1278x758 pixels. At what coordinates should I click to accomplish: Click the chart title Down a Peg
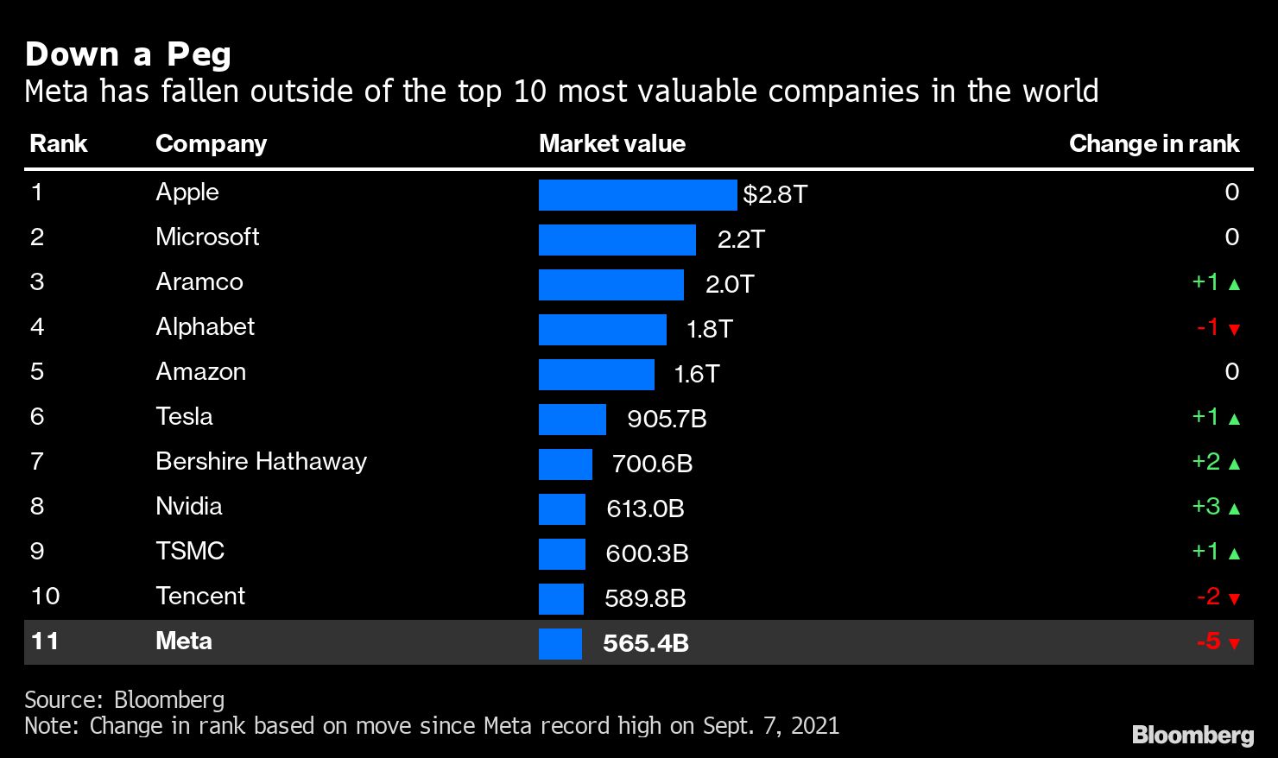(128, 54)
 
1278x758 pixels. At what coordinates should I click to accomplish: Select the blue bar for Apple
(637, 195)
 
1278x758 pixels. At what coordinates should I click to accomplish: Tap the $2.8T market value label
(775, 195)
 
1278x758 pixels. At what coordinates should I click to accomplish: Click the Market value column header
(611, 143)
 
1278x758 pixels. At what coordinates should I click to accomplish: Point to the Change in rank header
(1154, 143)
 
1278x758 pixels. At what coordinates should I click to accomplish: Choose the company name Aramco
(199, 281)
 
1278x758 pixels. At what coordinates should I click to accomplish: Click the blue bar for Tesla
(572, 420)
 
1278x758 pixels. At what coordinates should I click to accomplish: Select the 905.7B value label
(667, 420)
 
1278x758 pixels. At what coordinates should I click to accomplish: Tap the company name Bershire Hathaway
(261, 461)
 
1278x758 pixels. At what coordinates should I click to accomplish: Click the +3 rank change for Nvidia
(1205, 506)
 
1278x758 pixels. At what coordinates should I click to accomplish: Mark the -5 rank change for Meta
(1208, 641)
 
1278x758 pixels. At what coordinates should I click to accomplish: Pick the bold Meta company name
(184, 641)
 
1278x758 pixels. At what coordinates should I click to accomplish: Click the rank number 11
(44, 641)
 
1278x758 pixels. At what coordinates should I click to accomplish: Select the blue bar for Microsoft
(617, 240)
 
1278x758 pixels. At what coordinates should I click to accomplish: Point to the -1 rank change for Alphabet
(1207, 327)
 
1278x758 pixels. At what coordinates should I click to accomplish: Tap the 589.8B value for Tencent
(645, 598)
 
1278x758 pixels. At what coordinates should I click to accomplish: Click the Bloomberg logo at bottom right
(1193, 735)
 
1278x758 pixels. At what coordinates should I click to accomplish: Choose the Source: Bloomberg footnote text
(124, 699)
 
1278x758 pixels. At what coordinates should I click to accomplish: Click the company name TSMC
(190, 551)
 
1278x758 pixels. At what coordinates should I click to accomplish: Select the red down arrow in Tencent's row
(1234, 598)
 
